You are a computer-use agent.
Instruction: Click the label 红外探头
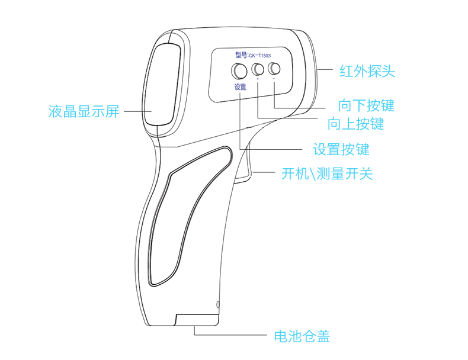[x=367, y=72]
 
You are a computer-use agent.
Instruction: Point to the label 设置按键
[x=341, y=149]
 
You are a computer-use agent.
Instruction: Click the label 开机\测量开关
[x=326, y=174]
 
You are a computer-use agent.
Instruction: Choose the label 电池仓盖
[x=301, y=336]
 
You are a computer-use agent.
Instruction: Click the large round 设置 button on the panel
[x=240, y=70]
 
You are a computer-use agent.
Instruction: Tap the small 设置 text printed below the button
[x=240, y=86]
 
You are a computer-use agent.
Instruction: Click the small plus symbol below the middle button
[x=258, y=79]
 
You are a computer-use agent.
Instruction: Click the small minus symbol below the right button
[x=274, y=79]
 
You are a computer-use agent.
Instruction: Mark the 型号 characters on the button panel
[x=242, y=55]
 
